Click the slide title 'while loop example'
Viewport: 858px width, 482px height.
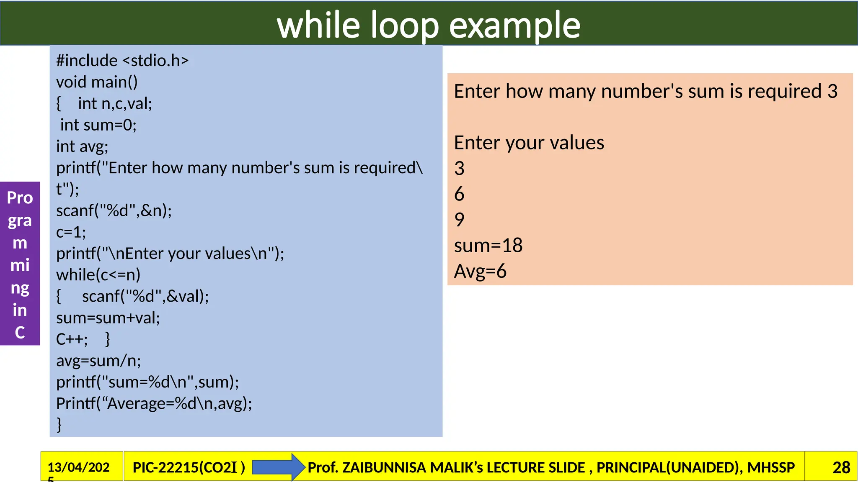pyautogui.click(x=429, y=25)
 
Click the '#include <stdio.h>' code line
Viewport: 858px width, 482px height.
pyautogui.click(x=122, y=61)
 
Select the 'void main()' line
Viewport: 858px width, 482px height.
pyautogui.click(x=97, y=82)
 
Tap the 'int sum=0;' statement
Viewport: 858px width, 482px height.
pyautogui.click(x=98, y=125)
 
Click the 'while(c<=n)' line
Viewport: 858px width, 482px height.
pyautogui.click(x=98, y=275)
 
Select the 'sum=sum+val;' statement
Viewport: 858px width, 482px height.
pyautogui.click(x=108, y=318)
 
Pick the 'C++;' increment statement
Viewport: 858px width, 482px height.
pyautogui.click(x=72, y=339)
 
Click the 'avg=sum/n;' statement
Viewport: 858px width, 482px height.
pyautogui.click(x=98, y=361)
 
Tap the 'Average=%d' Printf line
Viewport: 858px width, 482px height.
pyautogui.click(x=154, y=404)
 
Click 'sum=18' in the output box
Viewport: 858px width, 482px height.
pyautogui.click(x=488, y=246)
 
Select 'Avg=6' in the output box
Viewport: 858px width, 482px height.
pyautogui.click(x=480, y=271)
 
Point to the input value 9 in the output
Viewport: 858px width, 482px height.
pyautogui.click(x=460, y=220)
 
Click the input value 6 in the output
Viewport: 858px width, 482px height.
pyautogui.click(x=460, y=194)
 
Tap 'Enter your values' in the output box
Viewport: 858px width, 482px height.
pyautogui.click(x=529, y=143)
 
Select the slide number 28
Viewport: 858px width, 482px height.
pyautogui.click(x=841, y=467)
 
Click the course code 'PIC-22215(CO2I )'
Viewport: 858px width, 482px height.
pyautogui.click(x=189, y=467)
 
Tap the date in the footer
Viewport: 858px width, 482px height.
pyautogui.click(x=78, y=467)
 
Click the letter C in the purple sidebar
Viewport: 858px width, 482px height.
pyautogui.click(x=20, y=333)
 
